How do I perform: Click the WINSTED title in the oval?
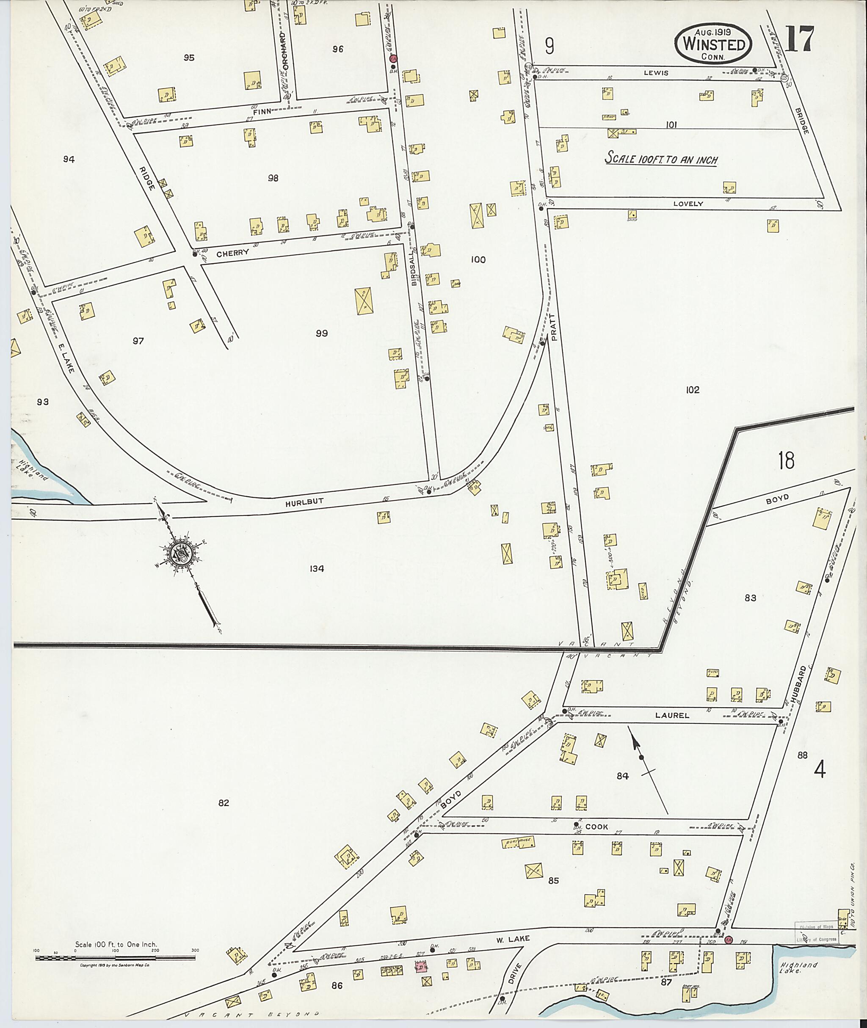(714, 45)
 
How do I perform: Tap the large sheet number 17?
(800, 39)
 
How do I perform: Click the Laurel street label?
(672, 716)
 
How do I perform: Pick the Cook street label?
(596, 827)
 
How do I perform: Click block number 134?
(317, 568)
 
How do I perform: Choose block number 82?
(224, 803)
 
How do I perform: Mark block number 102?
(692, 390)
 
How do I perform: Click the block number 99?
(321, 333)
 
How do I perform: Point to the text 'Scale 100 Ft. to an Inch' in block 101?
(662, 159)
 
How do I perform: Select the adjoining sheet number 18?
(787, 460)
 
